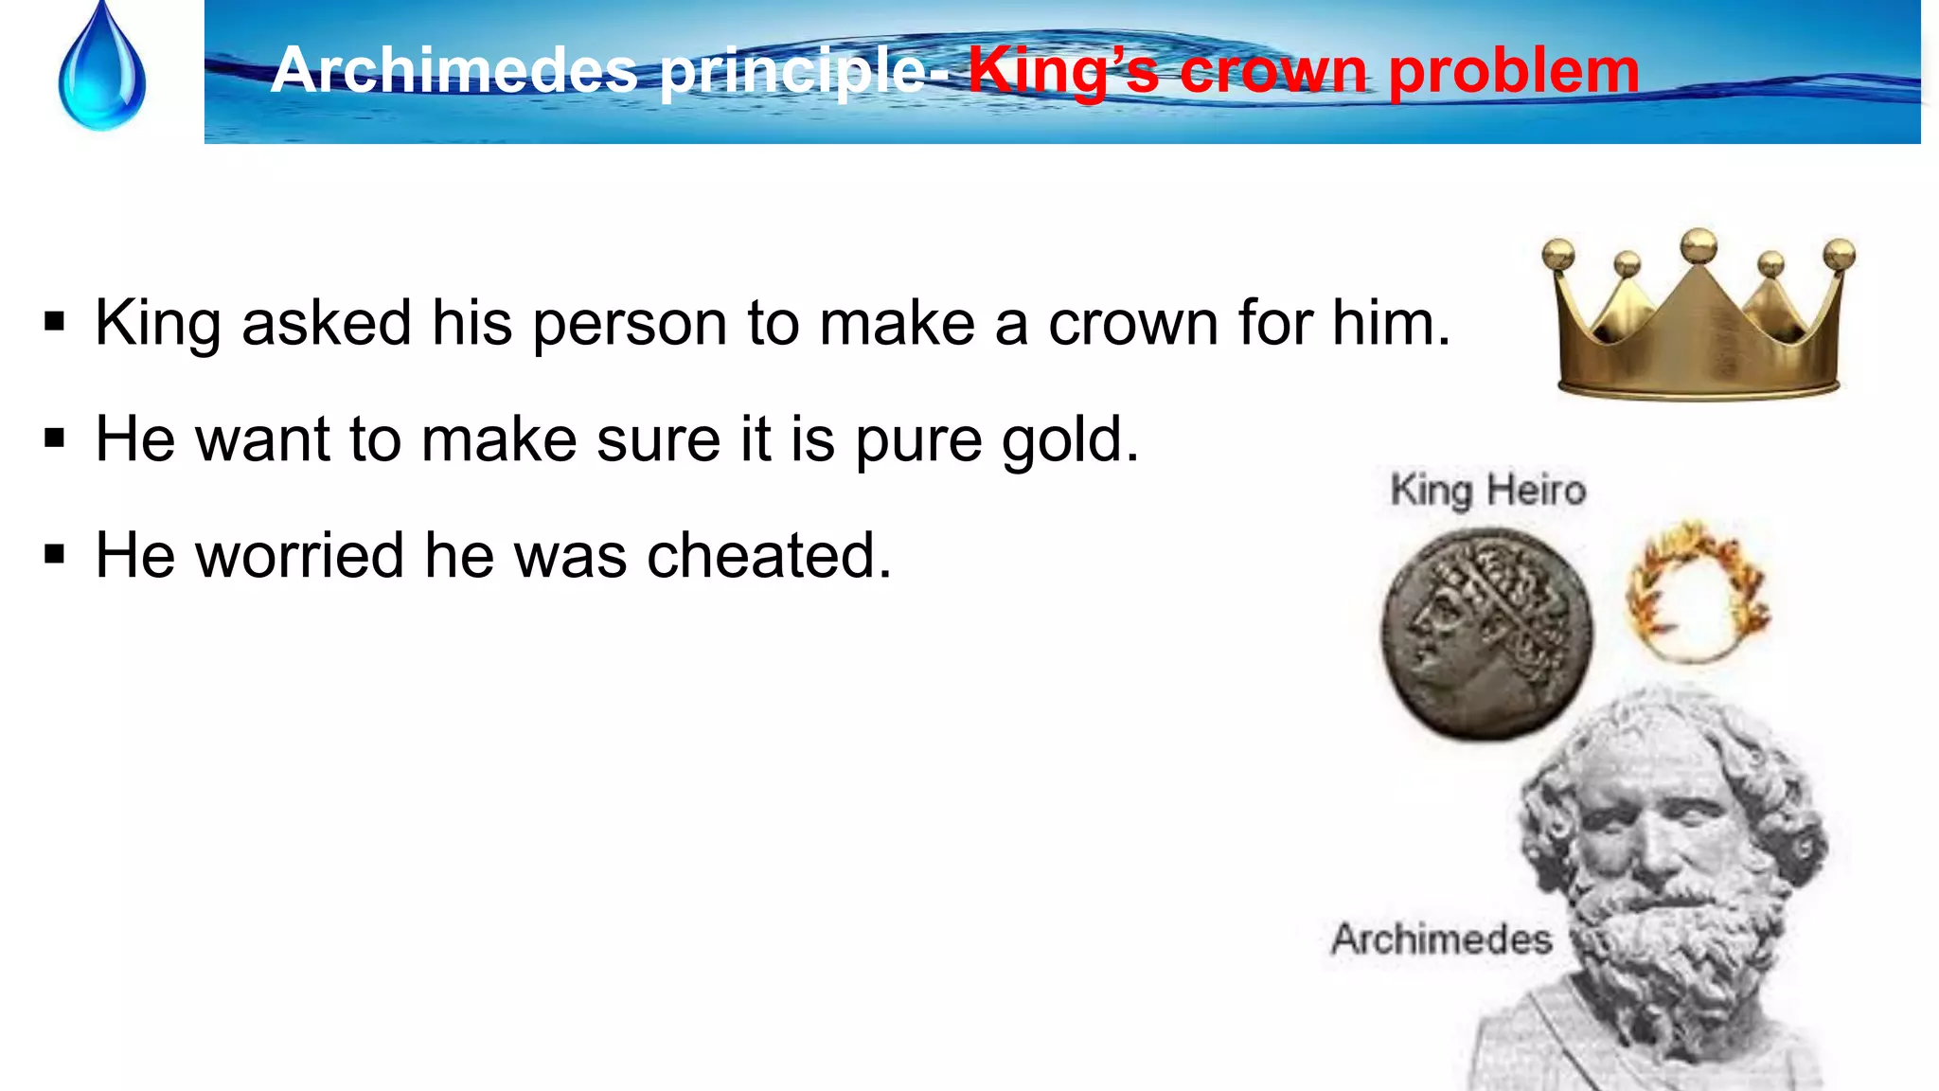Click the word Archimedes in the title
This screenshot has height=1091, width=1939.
[454, 70]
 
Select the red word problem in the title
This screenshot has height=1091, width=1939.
[1514, 72]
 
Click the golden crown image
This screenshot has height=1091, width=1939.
[1699, 322]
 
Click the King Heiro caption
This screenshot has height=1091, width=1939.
[1487, 491]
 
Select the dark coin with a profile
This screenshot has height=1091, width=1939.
[1485, 634]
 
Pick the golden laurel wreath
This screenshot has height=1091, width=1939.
[1697, 591]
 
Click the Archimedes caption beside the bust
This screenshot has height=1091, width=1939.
[1441, 939]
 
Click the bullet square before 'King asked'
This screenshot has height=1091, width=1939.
[55, 323]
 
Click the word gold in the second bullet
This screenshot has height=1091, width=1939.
[1070, 440]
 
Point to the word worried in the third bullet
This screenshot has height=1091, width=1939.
[299, 555]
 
